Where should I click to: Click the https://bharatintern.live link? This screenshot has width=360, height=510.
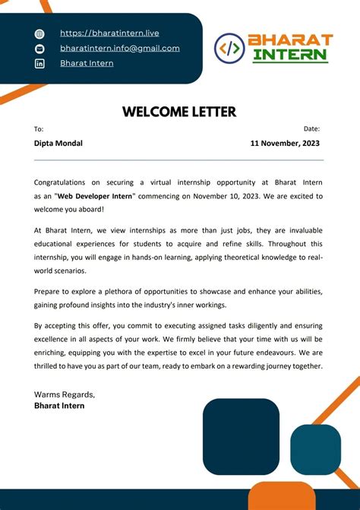pyautogui.click(x=109, y=33)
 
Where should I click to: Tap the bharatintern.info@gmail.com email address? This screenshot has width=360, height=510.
pyautogui.click(x=120, y=48)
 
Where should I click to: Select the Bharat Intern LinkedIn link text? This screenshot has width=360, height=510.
pyautogui.click(x=87, y=63)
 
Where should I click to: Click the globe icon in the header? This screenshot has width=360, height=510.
pyautogui.click(x=40, y=34)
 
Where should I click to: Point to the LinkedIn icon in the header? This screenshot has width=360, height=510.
pyautogui.click(x=40, y=64)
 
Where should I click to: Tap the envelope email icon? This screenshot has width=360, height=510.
pyautogui.click(x=40, y=49)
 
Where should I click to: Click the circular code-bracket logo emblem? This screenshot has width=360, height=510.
pyautogui.click(x=229, y=48)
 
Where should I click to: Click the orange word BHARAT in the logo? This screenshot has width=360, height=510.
pyautogui.click(x=290, y=40)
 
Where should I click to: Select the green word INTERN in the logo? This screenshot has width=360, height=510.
pyautogui.click(x=290, y=55)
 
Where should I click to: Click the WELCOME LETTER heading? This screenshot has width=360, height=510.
pyautogui.click(x=179, y=112)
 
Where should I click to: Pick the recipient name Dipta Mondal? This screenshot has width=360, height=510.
pyautogui.click(x=58, y=143)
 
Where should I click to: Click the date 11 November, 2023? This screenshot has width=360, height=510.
pyautogui.click(x=285, y=143)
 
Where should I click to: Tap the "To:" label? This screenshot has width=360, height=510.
pyautogui.click(x=39, y=129)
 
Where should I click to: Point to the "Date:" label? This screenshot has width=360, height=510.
pyautogui.click(x=311, y=129)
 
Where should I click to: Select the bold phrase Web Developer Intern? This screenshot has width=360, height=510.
pyautogui.click(x=92, y=196)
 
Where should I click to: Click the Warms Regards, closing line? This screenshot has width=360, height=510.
pyautogui.click(x=65, y=394)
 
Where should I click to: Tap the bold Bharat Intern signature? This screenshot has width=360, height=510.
pyautogui.click(x=59, y=406)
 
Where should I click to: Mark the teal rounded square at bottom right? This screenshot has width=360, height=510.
pyautogui.click(x=315, y=450)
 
